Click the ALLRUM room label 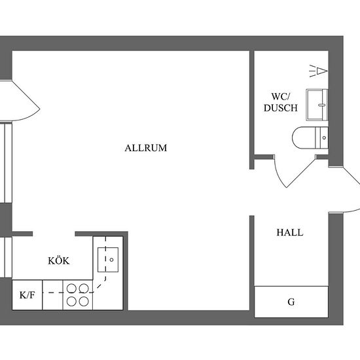pos(146,148)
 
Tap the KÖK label pos(58,261)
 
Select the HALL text pos(290,232)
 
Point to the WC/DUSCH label pos(281,102)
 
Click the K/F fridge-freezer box pos(27,295)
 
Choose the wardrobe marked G pos(291,302)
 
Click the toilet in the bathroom pos(310,137)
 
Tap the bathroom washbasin pos(317,105)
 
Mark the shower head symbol pos(319,71)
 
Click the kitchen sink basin pos(108,260)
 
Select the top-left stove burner pos(71,289)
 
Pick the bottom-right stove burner pos(84,301)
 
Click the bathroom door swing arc pos(279,176)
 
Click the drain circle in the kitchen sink pos(111,260)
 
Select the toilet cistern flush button pos(324,137)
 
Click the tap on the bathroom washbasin pos(322,105)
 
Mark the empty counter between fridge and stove pos(52,295)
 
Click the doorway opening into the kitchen pos(54,234)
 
